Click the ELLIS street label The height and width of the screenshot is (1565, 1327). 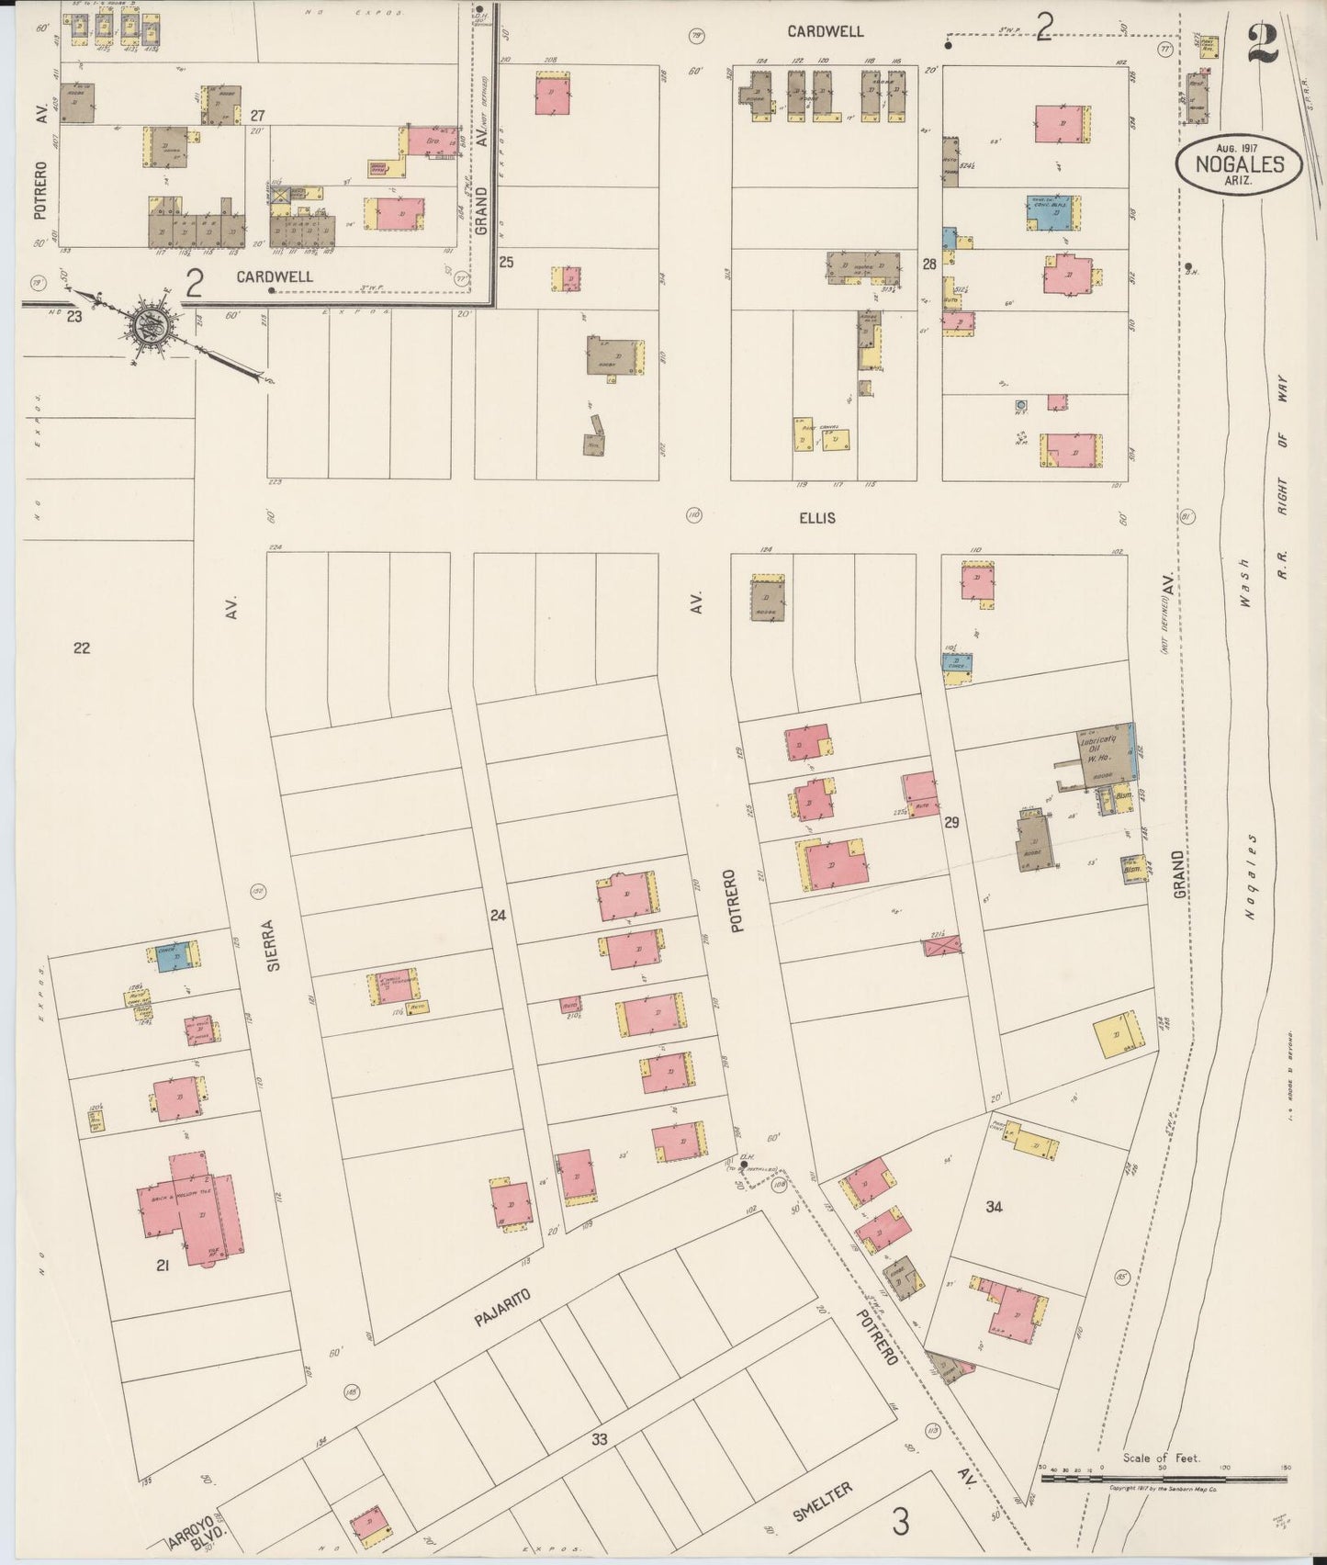[816, 518]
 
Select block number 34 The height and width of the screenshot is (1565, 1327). [994, 1207]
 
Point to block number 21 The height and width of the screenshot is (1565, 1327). [163, 1267]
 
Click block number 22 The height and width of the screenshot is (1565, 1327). [82, 648]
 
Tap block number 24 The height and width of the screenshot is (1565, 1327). [498, 915]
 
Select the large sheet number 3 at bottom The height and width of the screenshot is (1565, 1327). [901, 1522]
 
